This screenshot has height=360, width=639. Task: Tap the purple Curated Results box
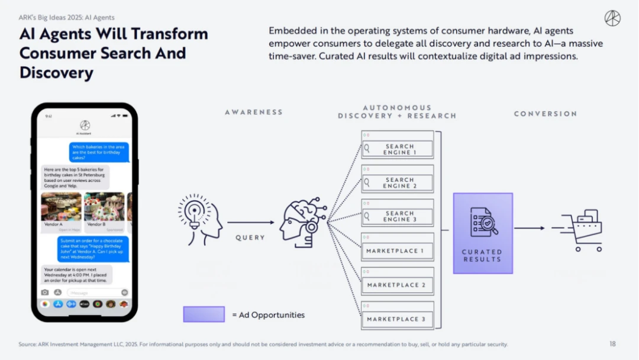(483, 233)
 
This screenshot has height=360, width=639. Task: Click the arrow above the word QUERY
(251, 223)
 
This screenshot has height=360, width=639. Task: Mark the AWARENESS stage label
(254, 112)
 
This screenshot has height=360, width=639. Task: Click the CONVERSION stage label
(545, 114)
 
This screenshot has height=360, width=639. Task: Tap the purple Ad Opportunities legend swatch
(204, 314)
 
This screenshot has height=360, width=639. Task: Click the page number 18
(612, 344)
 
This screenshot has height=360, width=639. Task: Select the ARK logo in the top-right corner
(612, 18)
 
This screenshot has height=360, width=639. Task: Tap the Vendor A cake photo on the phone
(61, 207)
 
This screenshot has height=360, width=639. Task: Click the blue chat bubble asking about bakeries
(99, 152)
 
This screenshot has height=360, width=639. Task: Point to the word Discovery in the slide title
(57, 73)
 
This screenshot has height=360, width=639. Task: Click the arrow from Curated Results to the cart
(528, 228)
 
